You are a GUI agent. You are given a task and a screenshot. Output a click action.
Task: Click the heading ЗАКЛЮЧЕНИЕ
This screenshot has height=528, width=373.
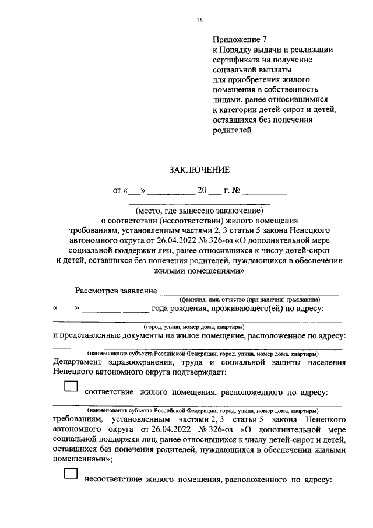199,170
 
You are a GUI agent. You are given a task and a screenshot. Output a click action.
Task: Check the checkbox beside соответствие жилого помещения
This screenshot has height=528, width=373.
70,387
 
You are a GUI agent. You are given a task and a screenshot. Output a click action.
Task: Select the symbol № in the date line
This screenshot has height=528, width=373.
237,190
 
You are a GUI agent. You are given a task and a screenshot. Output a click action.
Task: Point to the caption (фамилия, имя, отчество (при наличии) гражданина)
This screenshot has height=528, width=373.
249,299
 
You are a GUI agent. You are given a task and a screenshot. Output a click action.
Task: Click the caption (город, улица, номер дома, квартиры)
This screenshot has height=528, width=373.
194,327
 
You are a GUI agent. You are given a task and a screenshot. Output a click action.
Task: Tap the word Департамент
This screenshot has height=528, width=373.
82,363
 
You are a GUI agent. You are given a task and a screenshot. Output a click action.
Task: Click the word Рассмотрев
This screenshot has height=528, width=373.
98,290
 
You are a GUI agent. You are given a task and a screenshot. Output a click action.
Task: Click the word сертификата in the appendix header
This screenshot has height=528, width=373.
236,60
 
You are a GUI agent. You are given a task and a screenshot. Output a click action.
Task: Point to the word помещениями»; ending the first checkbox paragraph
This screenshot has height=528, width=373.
82,459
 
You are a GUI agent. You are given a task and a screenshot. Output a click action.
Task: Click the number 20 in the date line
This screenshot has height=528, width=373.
202,190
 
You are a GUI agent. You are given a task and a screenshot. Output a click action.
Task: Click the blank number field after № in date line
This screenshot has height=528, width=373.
265,190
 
